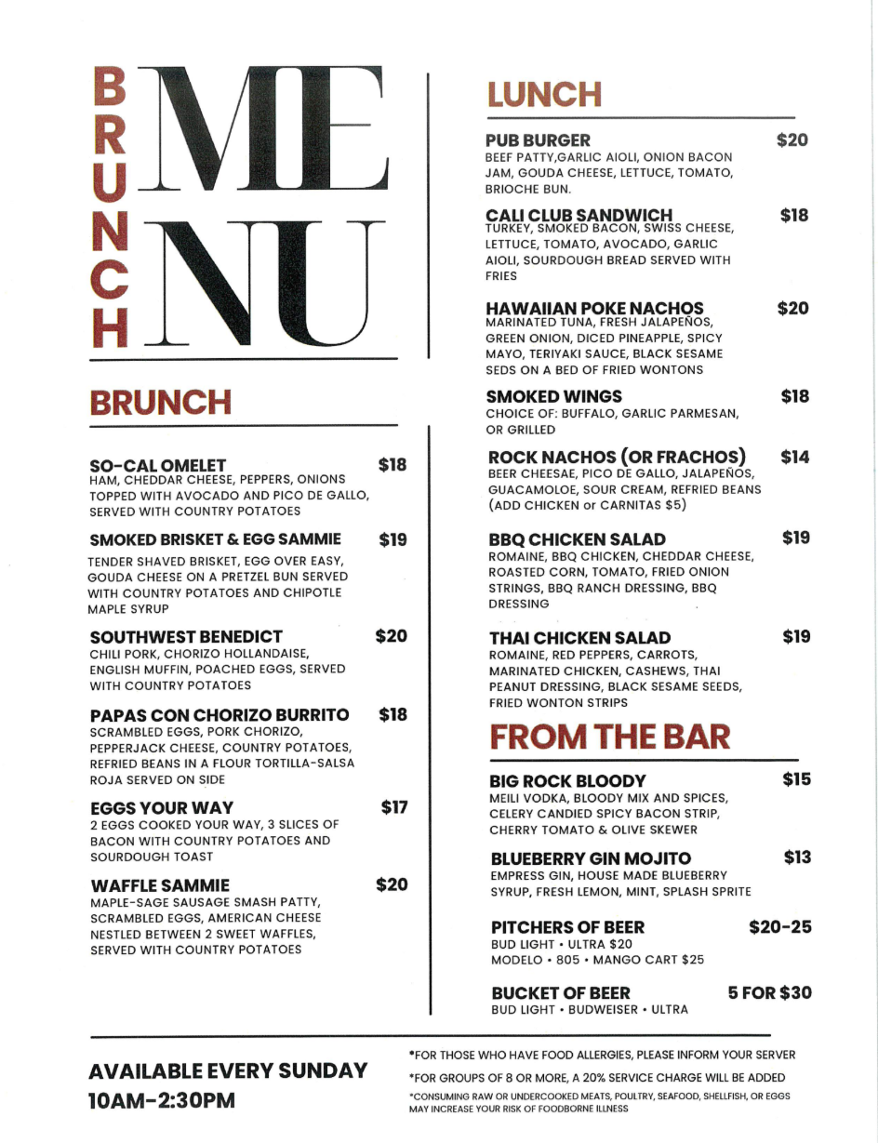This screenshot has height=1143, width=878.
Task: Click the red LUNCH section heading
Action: pyautogui.click(x=543, y=94)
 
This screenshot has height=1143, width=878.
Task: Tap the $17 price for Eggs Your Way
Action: pyautogui.click(x=394, y=807)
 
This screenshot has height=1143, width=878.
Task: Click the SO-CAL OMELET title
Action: pyautogui.click(x=157, y=464)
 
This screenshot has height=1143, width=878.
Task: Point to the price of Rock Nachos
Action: pyautogui.click(x=794, y=457)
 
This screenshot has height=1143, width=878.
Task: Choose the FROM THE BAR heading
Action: pyautogui.click(x=609, y=737)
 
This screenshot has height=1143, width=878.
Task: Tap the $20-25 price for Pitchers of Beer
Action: pyautogui.click(x=779, y=927)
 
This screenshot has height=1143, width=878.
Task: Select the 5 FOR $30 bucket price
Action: pyautogui.click(x=769, y=992)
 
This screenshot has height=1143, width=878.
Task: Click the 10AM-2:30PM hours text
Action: pyautogui.click(x=161, y=1100)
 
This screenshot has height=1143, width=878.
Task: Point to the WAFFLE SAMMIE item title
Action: pyautogui.click(x=159, y=884)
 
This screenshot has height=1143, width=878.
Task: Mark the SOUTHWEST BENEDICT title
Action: pyautogui.click(x=186, y=637)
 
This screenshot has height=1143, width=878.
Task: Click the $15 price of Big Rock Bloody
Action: pyautogui.click(x=796, y=779)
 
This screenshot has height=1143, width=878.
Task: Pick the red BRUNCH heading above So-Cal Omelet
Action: pyautogui.click(x=160, y=403)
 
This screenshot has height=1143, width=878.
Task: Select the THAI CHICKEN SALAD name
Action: pyautogui.click(x=579, y=638)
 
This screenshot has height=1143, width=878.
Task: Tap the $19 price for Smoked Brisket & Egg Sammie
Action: pyautogui.click(x=393, y=539)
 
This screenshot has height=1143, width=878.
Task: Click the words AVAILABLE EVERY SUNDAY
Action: pyautogui.click(x=228, y=1070)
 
